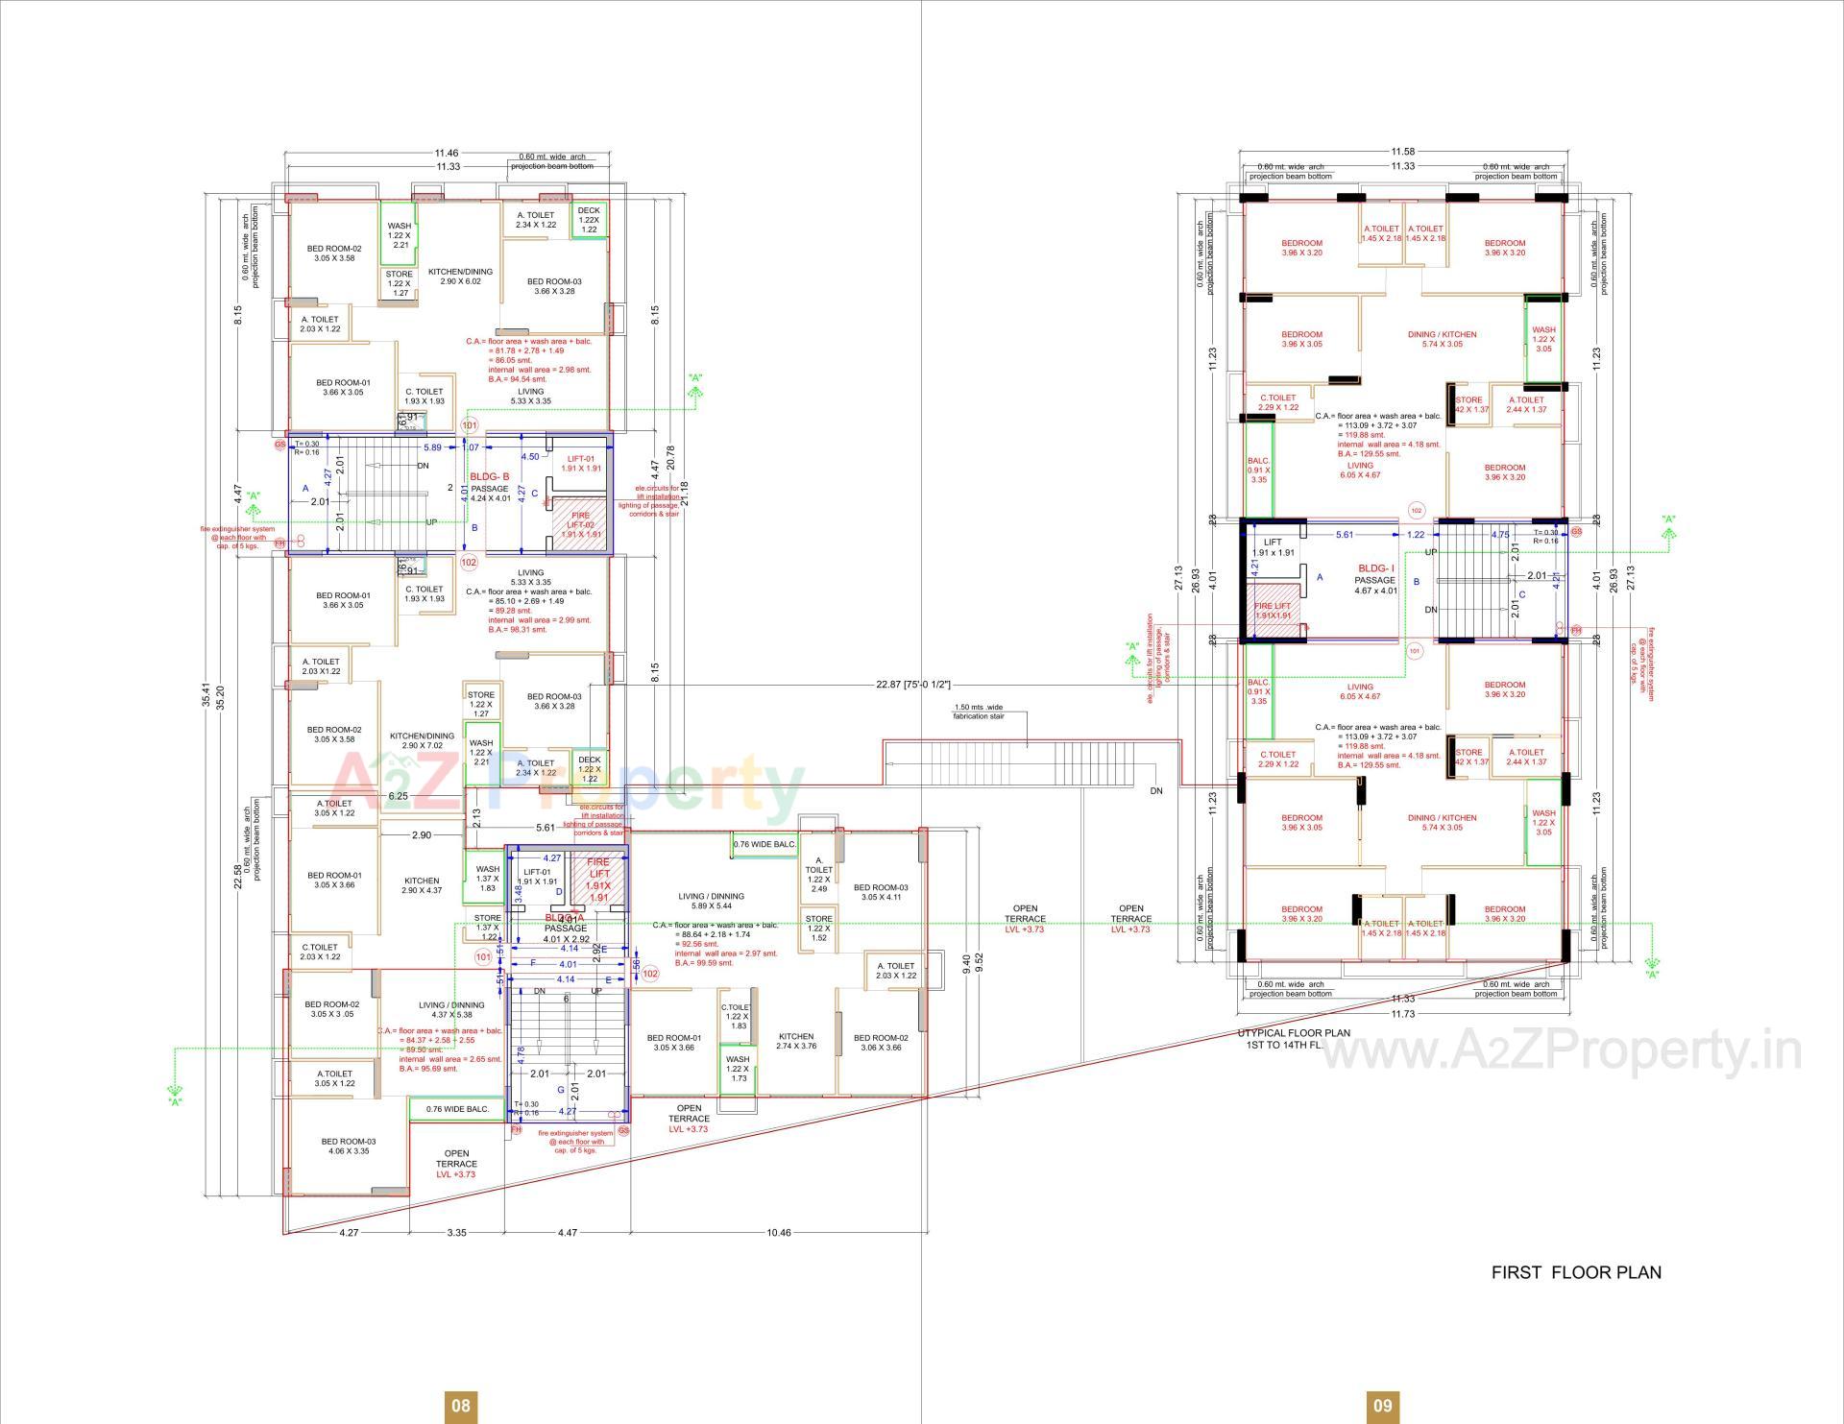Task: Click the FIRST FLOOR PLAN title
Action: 1575,1272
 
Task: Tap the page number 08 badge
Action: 461,1406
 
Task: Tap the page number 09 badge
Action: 1381,1406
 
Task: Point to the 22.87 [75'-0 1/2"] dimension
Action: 912,685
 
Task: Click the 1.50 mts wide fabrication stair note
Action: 978,712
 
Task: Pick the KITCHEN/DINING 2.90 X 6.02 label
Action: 460,277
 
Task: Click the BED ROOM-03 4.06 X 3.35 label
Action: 348,1146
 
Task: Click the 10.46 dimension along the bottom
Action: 779,1233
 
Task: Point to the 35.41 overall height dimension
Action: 205,695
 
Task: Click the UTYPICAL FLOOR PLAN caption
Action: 1293,1033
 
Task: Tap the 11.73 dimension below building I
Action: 1402,1014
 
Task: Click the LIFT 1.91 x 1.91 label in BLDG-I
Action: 1273,547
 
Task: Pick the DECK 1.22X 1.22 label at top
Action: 589,220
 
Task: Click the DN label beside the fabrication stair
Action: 1155,791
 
